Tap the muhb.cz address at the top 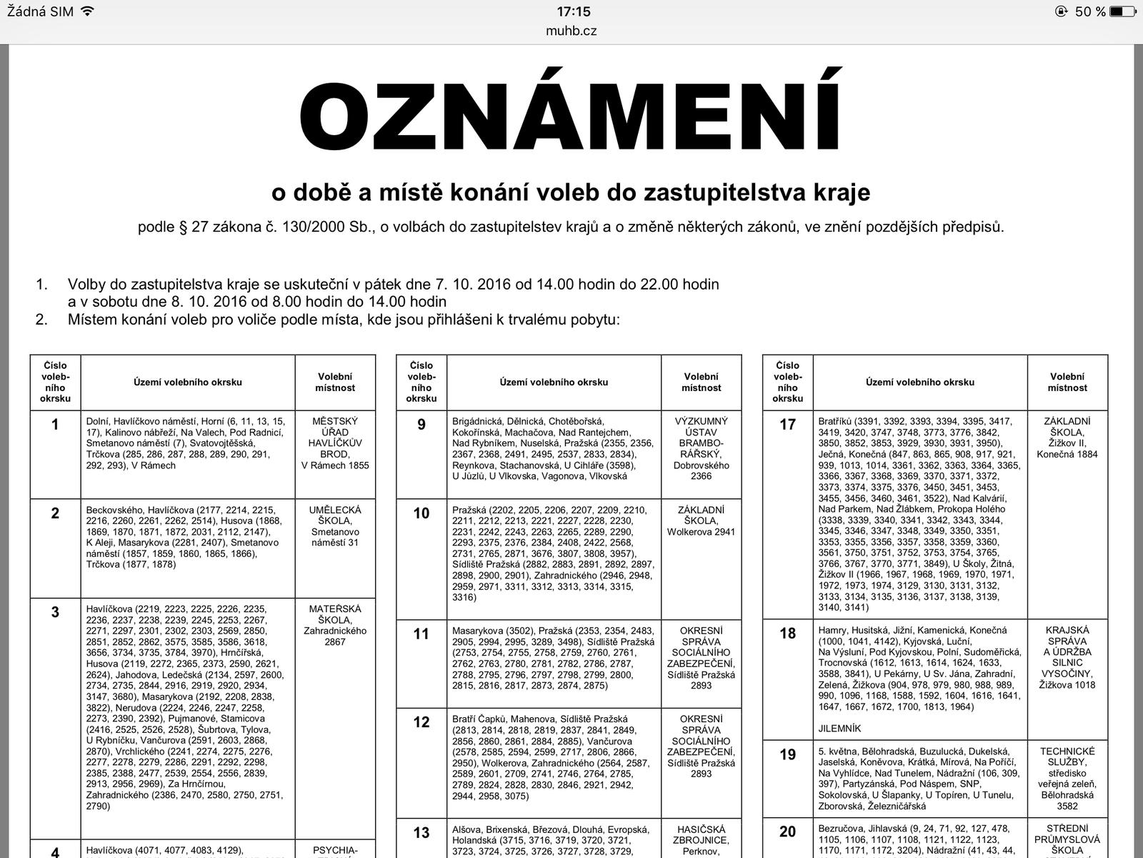click(x=571, y=31)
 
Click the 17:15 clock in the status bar click(x=574, y=11)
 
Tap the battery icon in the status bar click(x=1122, y=11)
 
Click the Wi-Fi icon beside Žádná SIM click(x=88, y=11)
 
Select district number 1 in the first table click(x=55, y=425)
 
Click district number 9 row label click(x=421, y=425)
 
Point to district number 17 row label click(x=787, y=425)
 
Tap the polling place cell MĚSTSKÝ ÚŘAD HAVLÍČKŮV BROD click(x=335, y=443)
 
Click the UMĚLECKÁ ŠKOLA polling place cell click(x=335, y=526)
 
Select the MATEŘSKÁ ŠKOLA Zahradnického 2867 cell click(x=335, y=625)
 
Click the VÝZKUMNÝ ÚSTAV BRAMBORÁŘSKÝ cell click(x=701, y=448)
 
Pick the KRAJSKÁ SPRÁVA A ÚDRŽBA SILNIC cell click(x=1067, y=657)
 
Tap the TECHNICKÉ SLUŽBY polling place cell click(x=1067, y=778)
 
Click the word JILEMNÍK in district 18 click(x=839, y=729)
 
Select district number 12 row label click(x=421, y=722)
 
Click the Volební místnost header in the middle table click(x=701, y=382)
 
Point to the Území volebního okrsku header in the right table click(x=919, y=382)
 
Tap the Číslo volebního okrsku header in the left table click(x=55, y=382)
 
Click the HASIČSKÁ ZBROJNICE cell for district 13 click(x=701, y=840)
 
